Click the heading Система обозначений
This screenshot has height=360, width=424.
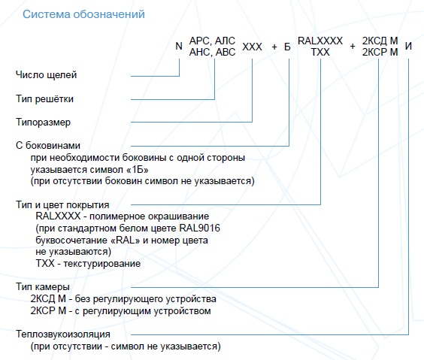[x=83, y=14]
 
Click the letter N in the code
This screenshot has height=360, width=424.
[x=179, y=46]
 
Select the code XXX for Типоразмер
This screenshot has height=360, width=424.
[x=252, y=47]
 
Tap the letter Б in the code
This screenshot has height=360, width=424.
[x=287, y=47]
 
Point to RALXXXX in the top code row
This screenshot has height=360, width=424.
[x=320, y=41]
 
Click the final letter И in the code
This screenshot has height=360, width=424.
[x=408, y=46]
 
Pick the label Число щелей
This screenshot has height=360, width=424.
[x=47, y=75]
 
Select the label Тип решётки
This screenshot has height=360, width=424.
[x=44, y=99]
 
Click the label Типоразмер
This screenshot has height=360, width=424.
[x=43, y=123]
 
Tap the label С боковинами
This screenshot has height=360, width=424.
[x=48, y=145]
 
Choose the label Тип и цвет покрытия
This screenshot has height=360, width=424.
[x=62, y=205]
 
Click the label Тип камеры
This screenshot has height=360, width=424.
[x=43, y=287]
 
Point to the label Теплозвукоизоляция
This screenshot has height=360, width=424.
[x=63, y=334]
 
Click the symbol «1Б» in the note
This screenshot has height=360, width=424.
[x=138, y=170]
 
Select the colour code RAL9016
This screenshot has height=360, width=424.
[x=200, y=228]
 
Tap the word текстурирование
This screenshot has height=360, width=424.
[x=102, y=264]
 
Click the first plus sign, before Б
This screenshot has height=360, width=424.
[x=274, y=47]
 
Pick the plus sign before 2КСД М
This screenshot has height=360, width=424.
[x=353, y=47]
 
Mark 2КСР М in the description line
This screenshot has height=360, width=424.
[x=48, y=311]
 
